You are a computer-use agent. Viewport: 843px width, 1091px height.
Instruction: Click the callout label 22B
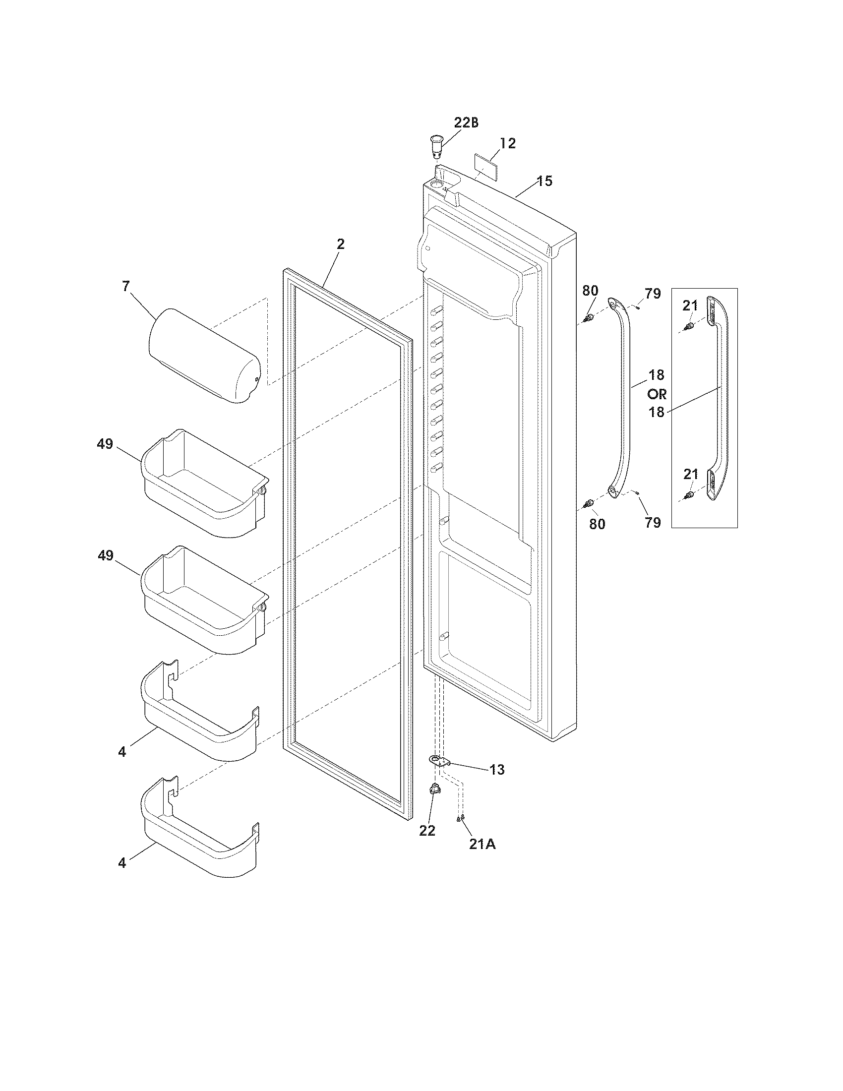point(466,123)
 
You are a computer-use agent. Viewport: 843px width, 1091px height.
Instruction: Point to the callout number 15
point(545,181)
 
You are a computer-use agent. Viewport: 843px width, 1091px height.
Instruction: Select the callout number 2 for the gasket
point(340,244)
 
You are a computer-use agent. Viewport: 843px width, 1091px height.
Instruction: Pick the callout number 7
point(125,286)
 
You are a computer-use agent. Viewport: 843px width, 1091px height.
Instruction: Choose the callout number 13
point(497,770)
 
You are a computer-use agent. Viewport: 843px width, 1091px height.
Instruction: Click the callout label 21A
point(482,844)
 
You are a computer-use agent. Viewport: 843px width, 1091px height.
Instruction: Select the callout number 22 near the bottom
point(427,831)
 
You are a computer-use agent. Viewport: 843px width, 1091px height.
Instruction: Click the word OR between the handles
point(657,394)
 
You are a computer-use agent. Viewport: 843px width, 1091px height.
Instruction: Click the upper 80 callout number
point(590,291)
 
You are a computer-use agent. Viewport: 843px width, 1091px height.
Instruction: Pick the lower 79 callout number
point(653,523)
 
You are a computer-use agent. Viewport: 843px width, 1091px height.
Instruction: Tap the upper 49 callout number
point(105,444)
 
